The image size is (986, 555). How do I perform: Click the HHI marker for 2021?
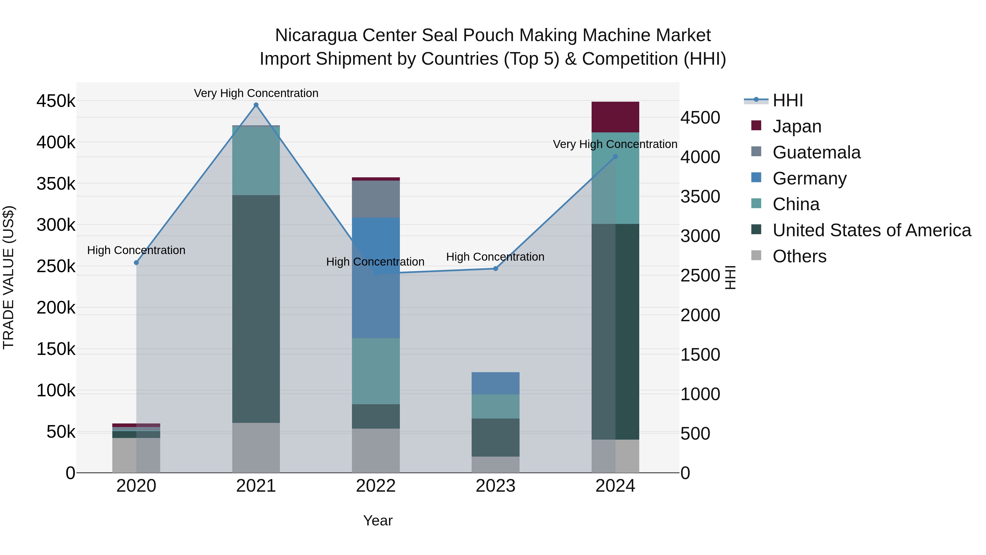pos(256,105)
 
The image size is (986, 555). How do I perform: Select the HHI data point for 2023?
pos(495,269)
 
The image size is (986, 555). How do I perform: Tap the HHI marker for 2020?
pos(136,262)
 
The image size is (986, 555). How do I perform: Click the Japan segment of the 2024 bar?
pos(615,117)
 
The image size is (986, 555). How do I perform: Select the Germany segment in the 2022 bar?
pos(376,278)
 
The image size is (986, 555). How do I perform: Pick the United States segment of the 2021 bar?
pos(256,309)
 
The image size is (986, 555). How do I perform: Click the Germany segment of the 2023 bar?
pos(495,383)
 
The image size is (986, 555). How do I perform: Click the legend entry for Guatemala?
pos(816,152)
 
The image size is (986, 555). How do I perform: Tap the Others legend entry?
pos(799,256)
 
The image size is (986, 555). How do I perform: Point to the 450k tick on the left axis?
pos(56,101)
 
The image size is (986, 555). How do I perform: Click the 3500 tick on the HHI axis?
pos(700,197)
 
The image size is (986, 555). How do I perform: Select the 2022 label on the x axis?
pos(376,486)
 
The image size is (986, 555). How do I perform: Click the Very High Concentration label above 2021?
pos(256,93)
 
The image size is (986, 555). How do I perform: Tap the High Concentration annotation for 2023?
pos(495,257)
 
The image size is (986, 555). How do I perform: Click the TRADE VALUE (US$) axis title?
pos(8,277)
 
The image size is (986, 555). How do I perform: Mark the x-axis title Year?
pos(378,520)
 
